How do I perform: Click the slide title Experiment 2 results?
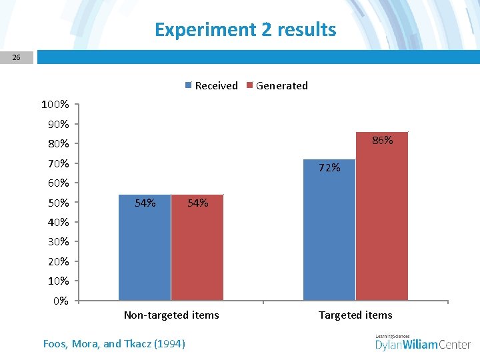point(245,30)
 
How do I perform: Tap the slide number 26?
point(17,58)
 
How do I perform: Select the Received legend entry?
point(211,85)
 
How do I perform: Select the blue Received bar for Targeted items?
point(329,233)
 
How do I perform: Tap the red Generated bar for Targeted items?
point(382,220)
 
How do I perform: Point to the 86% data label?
point(382,141)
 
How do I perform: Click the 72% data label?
point(329,168)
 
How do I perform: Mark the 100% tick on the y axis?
point(55,105)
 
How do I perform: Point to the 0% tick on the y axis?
point(61,301)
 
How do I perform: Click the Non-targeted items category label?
point(171,315)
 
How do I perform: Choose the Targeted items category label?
point(355,315)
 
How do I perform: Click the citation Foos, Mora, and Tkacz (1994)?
point(114,344)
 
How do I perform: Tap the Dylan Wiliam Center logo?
point(423,343)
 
